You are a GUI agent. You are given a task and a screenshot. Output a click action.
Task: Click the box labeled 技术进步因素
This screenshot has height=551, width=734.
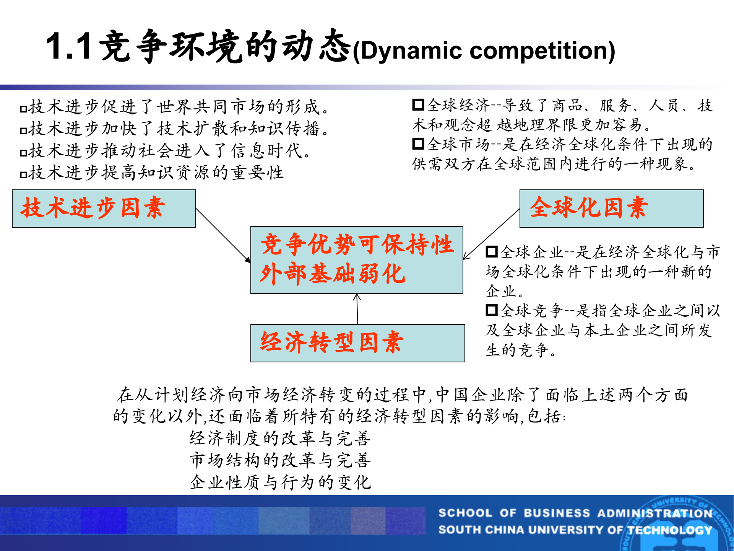[x=104, y=209]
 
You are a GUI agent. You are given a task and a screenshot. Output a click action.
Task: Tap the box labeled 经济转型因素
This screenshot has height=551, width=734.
[x=357, y=343]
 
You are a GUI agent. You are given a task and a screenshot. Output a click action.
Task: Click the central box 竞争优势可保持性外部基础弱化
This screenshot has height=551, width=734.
[x=356, y=260]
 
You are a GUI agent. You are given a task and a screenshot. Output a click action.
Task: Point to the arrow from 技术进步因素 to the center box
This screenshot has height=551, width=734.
[x=223, y=236]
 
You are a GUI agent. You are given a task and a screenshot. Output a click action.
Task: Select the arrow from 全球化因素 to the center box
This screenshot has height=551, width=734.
[x=492, y=234]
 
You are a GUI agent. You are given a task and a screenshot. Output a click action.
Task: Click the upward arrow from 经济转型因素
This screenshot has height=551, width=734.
[x=357, y=308]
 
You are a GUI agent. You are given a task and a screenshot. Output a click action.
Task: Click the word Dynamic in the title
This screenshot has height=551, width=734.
[x=411, y=51]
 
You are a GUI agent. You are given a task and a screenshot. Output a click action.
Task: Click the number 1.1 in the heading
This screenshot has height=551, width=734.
[x=69, y=47]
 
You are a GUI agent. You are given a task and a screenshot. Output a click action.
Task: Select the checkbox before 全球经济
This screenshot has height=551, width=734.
[x=418, y=104]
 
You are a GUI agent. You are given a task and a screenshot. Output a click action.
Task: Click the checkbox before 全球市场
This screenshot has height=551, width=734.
[x=418, y=144]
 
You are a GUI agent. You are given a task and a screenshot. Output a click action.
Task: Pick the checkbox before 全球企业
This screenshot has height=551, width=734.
[x=491, y=251]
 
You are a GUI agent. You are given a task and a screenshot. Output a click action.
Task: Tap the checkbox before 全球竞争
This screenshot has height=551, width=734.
[x=491, y=310]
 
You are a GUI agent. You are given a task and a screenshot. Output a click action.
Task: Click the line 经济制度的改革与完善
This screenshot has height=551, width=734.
[x=280, y=438]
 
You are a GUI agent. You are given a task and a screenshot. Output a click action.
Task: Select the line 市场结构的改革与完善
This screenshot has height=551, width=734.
[x=280, y=460]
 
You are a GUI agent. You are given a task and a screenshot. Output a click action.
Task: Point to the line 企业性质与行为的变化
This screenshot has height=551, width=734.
[x=280, y=482]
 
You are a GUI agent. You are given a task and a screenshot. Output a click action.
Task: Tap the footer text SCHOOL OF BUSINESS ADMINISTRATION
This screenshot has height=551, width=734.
[x=575, y=513]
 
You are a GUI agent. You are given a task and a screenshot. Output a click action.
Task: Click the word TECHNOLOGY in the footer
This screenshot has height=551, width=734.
[x=669, y=530]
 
